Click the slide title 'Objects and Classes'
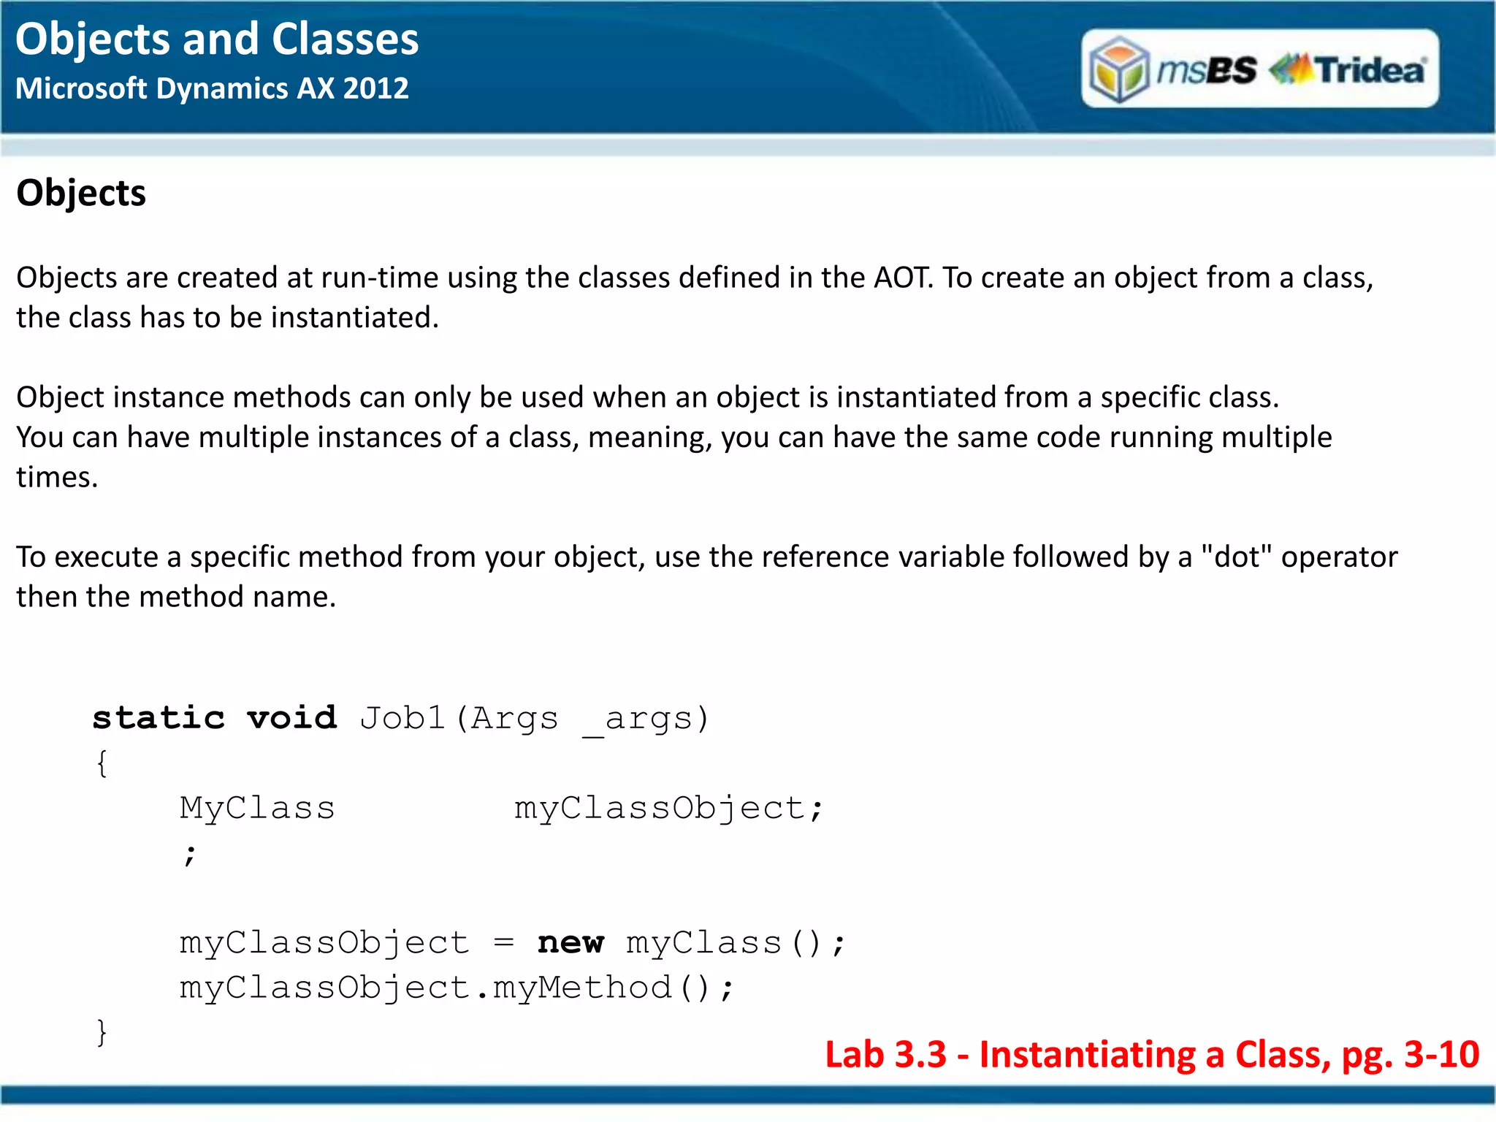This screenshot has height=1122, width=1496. pyautogui.click(x=217, y=39)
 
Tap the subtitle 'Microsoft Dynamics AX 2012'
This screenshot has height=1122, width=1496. pyautogui.click(x=212, y=89)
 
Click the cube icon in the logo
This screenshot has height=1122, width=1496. pyautogui.click(x=1118, y=70)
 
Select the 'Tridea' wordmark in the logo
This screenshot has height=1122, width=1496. pyautogui.click(x=1369, y=70)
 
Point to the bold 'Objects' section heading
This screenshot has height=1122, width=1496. pyautogui.click(x=81, y=194)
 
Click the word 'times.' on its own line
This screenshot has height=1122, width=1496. pyautogui.click(x=57, y=478)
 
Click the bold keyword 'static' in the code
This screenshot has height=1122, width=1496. pyautogui.click(x=159, y=718)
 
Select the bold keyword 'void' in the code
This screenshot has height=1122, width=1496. pyautogui.click(x=292, y=718)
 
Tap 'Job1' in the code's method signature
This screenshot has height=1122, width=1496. pyautogui.click(x=402, y=718)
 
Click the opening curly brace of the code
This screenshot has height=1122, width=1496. pyautogui.click(x=102, y=764)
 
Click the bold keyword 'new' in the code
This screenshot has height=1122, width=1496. pyautogui.click(x=570, y=943)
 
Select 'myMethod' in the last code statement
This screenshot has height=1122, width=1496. pyautogui.click(x=582, y=988)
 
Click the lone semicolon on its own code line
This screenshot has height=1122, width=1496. pyautogui.click(x=190, y=854)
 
